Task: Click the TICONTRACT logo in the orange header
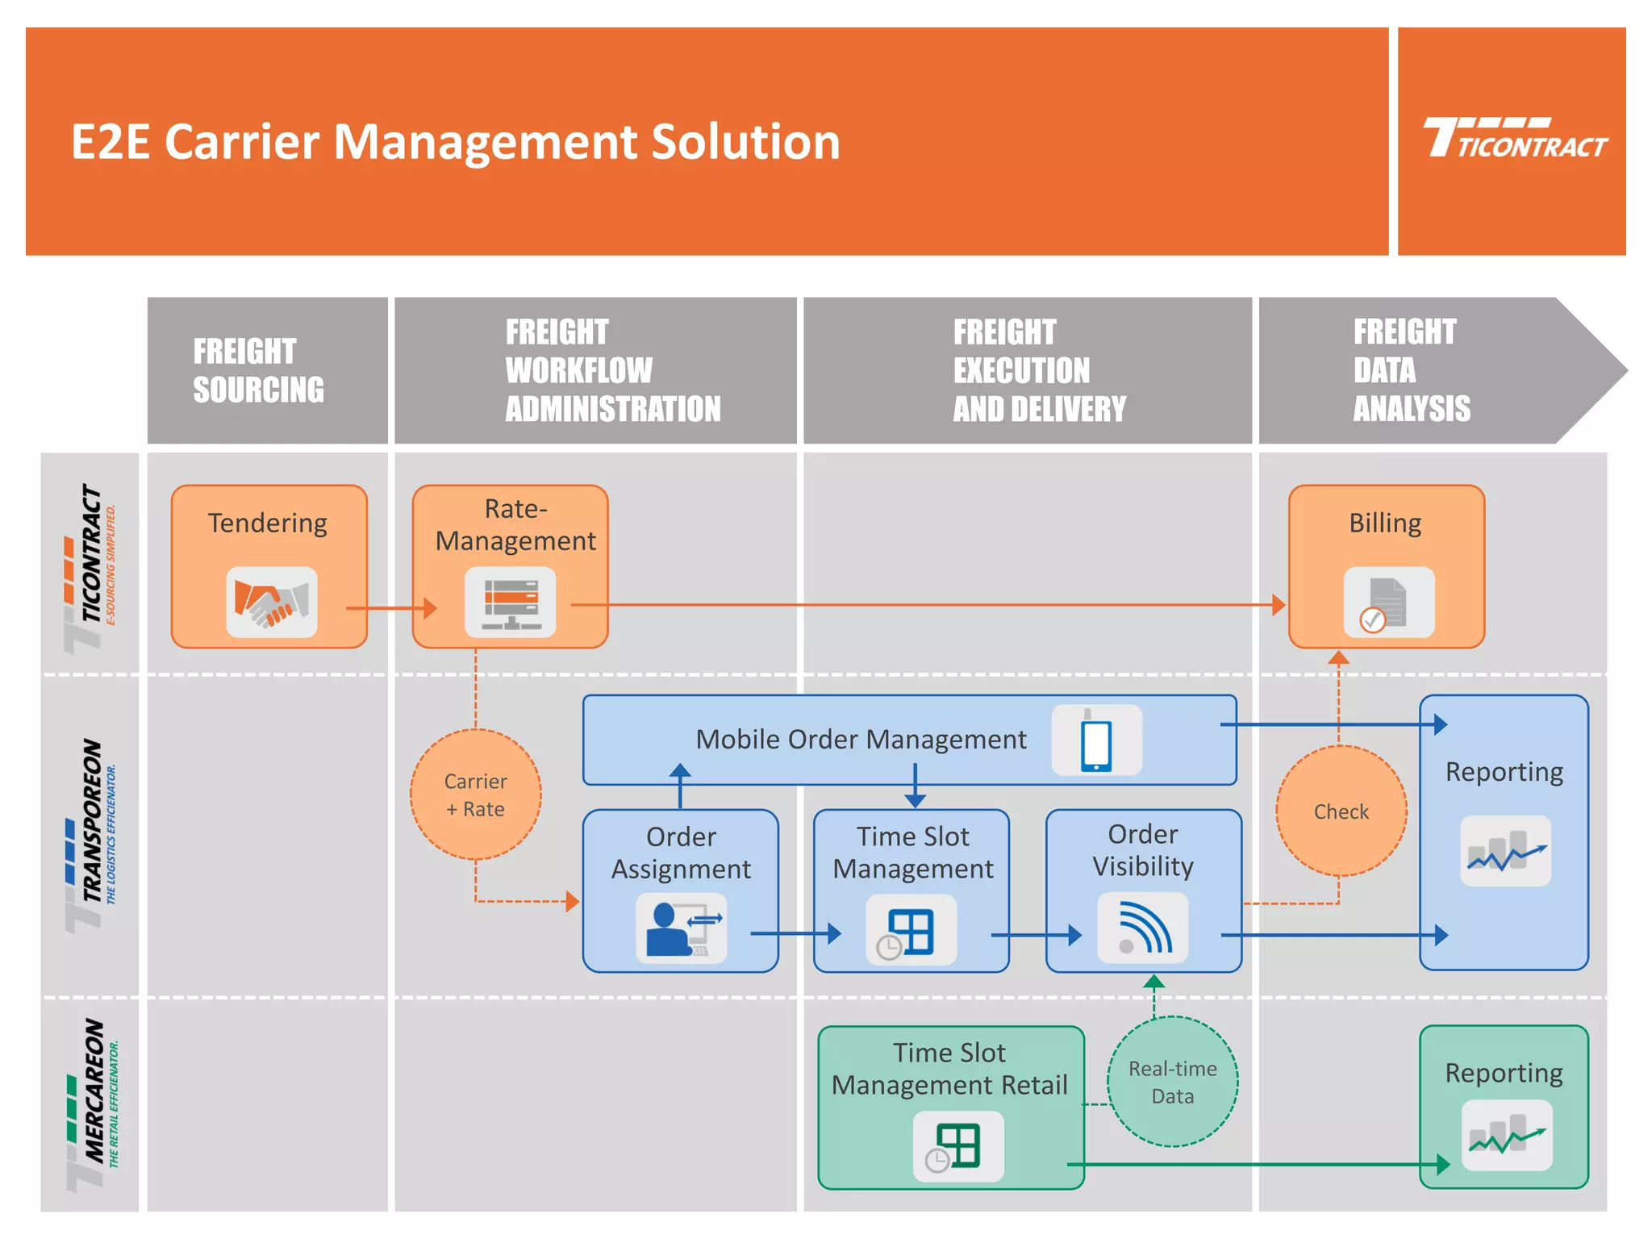1514,139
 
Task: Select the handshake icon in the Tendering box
271,603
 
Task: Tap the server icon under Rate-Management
510,603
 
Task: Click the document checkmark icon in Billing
1388,603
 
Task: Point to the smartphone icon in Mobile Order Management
1096,740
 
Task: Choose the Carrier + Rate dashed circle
475,795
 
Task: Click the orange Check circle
1341,811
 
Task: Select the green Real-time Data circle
1172,1082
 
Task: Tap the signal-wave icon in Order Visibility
1142,928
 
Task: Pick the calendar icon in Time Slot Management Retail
958,1146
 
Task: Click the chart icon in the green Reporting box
1506,1136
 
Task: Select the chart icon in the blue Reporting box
1505,852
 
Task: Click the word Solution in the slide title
745,142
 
